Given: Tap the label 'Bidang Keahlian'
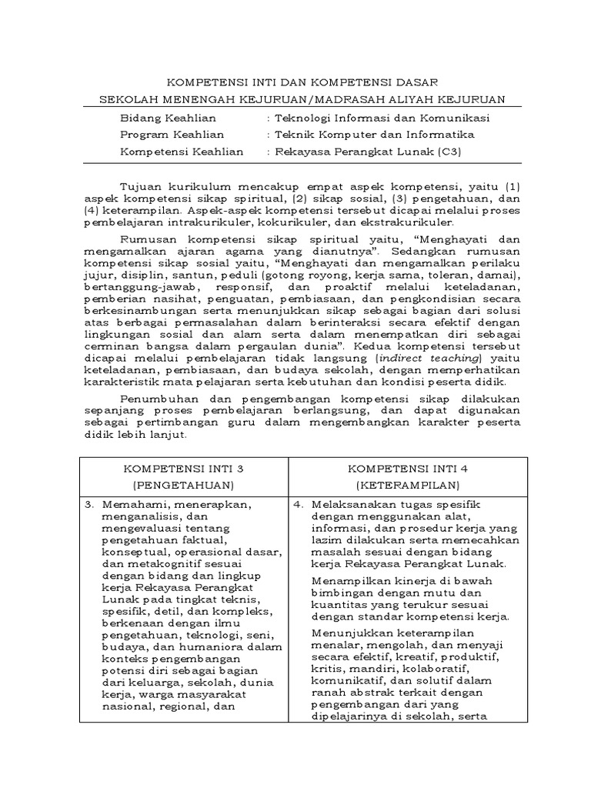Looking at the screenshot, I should tap(168, 118).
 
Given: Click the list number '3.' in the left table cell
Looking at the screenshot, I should tap(90, 504).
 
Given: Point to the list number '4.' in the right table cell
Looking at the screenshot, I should tap(300, 504).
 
